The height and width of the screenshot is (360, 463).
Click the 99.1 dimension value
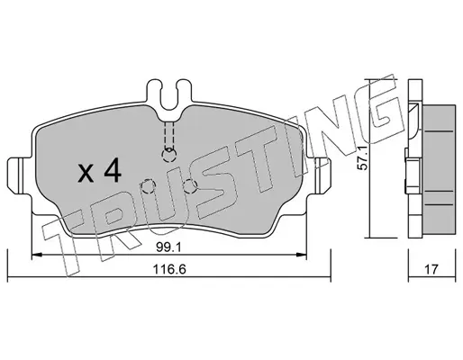click(x=168, y=247)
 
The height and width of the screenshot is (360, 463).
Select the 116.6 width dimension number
click(x=169, y=269)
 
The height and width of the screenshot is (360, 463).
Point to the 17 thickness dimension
click(x=431, y=269)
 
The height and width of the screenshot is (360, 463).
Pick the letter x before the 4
click(x=86, y=175)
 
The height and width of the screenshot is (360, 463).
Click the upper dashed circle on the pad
click(x=169, y=155)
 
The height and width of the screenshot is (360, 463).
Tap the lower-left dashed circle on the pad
click(x=149, y=187)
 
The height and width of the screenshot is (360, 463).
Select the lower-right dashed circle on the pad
click(x=190, y=186)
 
